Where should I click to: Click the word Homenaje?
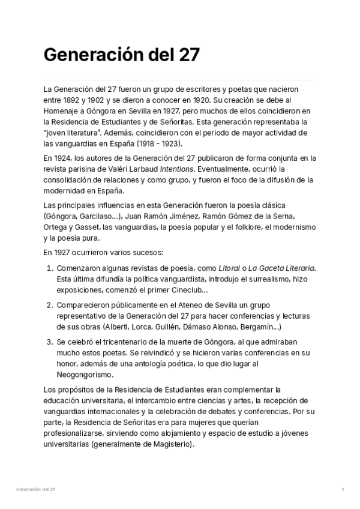(x=63, y=111)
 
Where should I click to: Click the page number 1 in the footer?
(x=342, y=490)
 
